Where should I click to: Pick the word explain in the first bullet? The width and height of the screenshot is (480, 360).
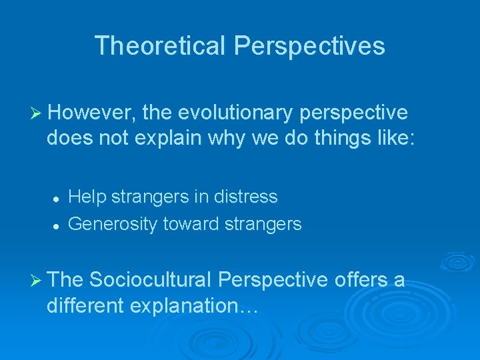point(176,140)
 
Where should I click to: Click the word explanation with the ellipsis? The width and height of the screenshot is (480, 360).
point(198,306)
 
